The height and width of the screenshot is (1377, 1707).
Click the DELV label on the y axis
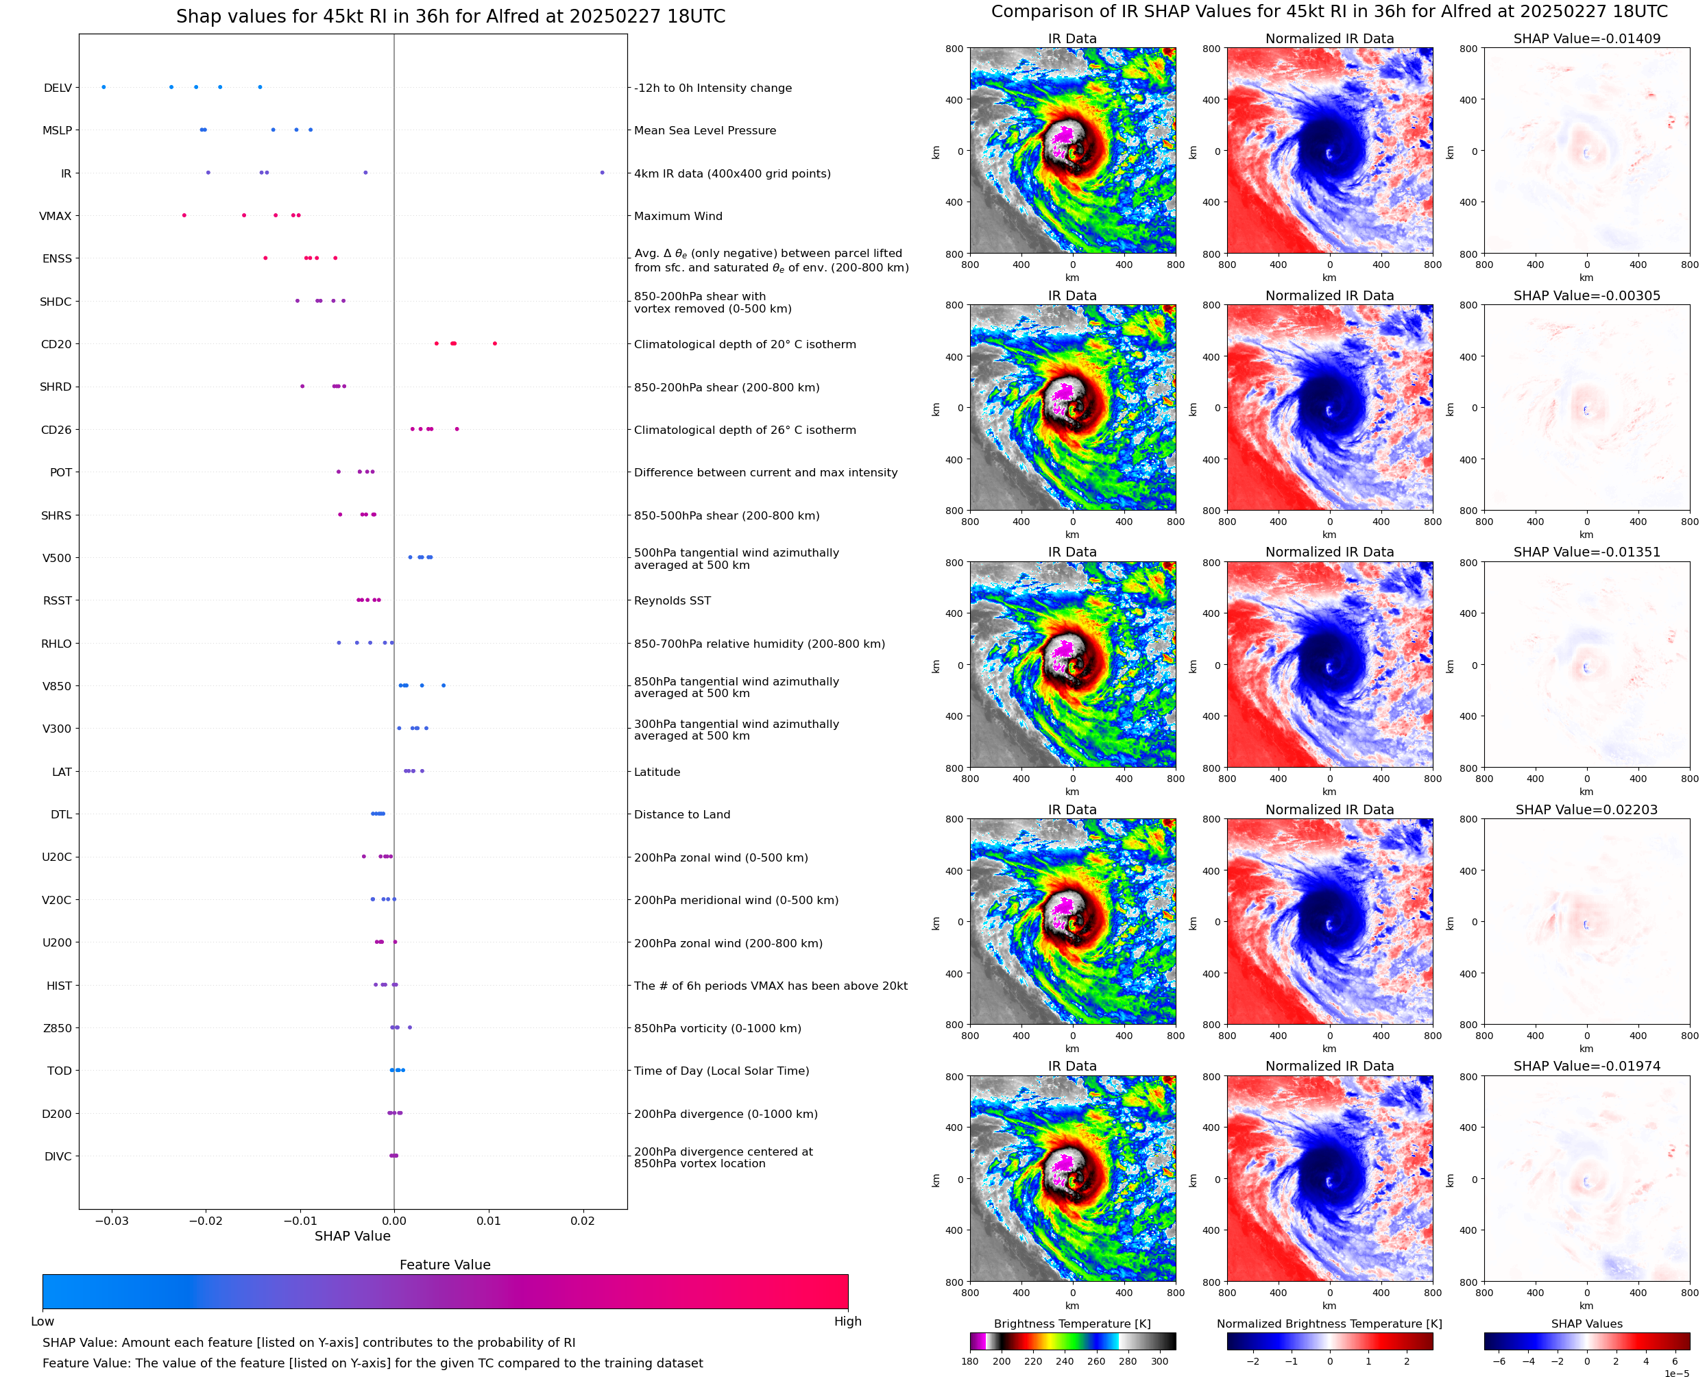click(x=57, y=88)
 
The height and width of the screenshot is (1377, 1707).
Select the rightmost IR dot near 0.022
click(x=602, y=172)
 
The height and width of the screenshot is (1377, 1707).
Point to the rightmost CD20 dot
click(x=495, y=343)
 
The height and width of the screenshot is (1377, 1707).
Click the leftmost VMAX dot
click(x=184, y=215)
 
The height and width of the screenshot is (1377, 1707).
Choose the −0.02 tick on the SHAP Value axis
click(x=206, y=1221)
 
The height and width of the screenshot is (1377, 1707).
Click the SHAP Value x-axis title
click(x=352, y=1236)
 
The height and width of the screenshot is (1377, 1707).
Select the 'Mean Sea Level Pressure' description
click(x=704, y=131)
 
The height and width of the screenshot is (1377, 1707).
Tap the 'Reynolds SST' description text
click(x=672, y=600)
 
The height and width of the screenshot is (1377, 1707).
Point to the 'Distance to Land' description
click(x=681, y=815)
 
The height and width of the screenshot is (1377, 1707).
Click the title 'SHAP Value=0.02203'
click(x=1586, y=810)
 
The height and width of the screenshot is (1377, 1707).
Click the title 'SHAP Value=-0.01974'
click(x=1586, y=1066)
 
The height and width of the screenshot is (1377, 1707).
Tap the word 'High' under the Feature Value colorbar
click(x=847, y=1321)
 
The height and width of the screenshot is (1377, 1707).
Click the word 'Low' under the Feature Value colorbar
click(x=42, y=1321)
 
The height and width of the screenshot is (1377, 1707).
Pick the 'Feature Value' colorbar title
click(x=445, y=1265)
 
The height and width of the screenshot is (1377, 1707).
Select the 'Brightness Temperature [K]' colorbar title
click(x=1072, y=1324)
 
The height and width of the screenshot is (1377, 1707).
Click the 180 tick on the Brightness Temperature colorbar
click(x=970, y=1361)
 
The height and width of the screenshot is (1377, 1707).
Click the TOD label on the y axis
click(x=60, y=1071)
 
